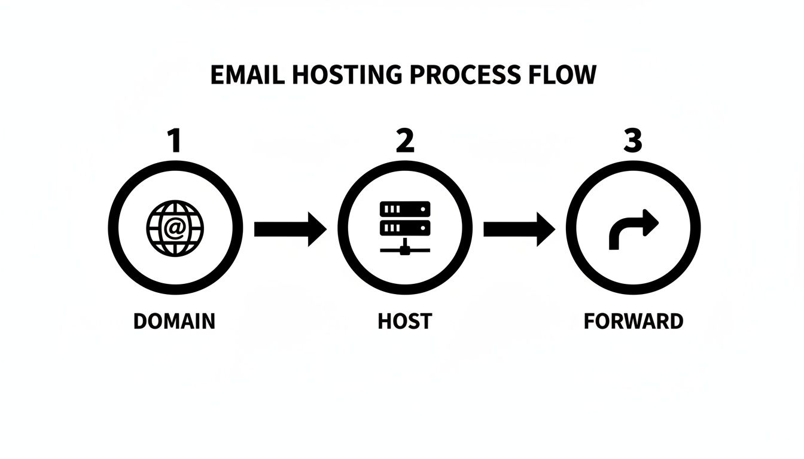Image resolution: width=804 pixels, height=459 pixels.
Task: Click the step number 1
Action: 174,142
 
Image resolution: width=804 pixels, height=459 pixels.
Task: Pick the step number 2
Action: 404,142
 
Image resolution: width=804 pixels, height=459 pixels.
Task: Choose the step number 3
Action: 632,142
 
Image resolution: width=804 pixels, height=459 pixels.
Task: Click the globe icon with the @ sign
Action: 175,228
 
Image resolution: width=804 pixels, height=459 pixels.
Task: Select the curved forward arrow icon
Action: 633,229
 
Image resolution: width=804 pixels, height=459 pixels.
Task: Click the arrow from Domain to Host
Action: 290,229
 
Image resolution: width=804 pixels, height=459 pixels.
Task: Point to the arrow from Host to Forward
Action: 519,229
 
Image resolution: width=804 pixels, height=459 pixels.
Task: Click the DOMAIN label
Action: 174,321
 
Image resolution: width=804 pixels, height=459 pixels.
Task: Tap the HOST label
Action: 405,321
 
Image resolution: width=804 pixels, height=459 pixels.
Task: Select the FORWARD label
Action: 633,321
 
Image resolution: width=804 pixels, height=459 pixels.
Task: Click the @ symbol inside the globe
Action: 175,228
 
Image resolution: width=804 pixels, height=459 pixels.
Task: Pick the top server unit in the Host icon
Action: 405,209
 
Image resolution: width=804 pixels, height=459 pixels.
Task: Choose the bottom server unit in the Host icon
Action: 405,228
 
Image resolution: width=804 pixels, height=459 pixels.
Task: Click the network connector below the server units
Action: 405,247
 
